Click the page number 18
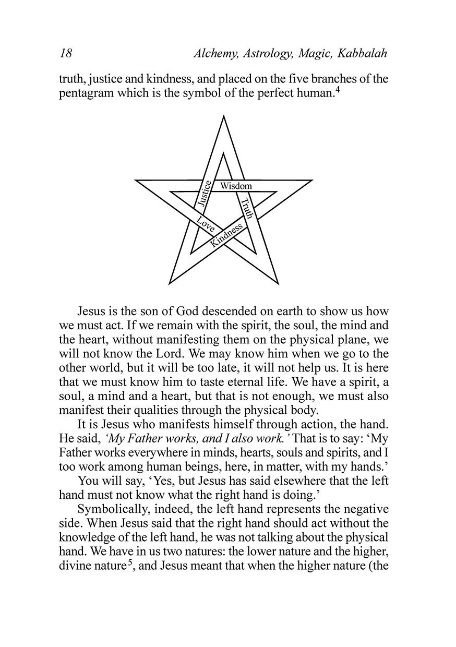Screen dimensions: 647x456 pyautogui.click(x=66, y=54)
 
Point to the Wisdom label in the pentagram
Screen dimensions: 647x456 pyautogui.click(x=236, y=186)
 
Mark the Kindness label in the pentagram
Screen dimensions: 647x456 pyautogui.click(x=227, y=234)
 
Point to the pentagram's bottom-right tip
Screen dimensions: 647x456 pyautogui.click(x=278, y=283)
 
